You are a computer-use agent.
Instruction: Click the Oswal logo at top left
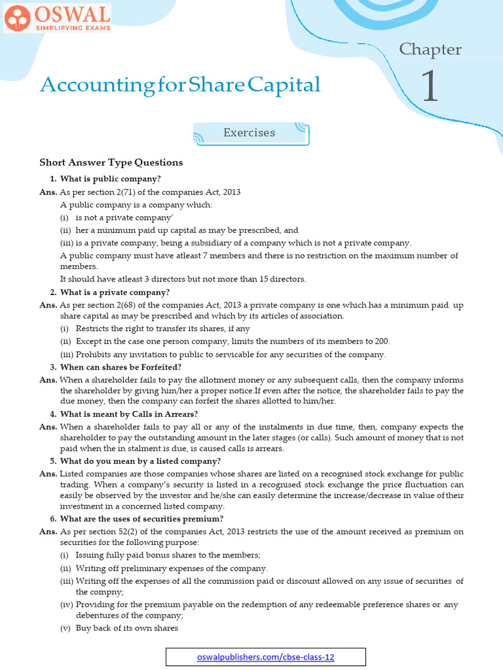tap(57, 18)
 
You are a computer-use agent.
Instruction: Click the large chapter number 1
tap(429, 86)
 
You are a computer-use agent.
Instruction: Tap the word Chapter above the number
tap(430, 49)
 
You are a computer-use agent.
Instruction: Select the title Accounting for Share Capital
tap(180, 84)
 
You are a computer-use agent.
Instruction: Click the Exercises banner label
tap(249, 133)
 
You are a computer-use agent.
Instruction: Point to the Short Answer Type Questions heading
tap(111, 162)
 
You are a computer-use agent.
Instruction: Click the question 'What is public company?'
tap(110, 179)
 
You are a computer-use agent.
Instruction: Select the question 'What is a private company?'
tap(115, 292)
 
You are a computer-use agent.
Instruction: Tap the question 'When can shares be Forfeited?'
tap(121, 367)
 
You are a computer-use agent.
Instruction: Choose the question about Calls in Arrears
tap(128, 414)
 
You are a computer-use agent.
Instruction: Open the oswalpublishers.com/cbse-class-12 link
tap(265, 657)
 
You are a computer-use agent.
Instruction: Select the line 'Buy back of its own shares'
tap(126, 628)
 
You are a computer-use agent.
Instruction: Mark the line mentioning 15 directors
tap(183, 279)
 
